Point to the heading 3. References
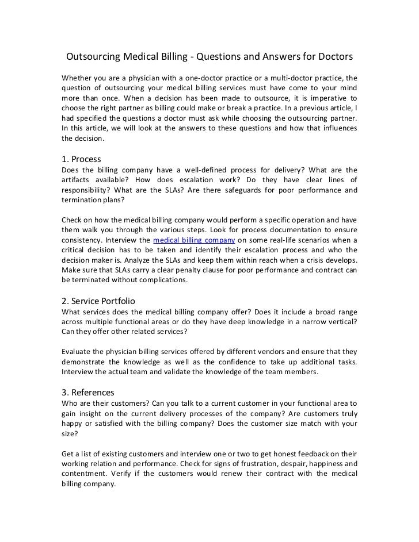tap(87, 392)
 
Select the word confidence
tap(227, 362)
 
